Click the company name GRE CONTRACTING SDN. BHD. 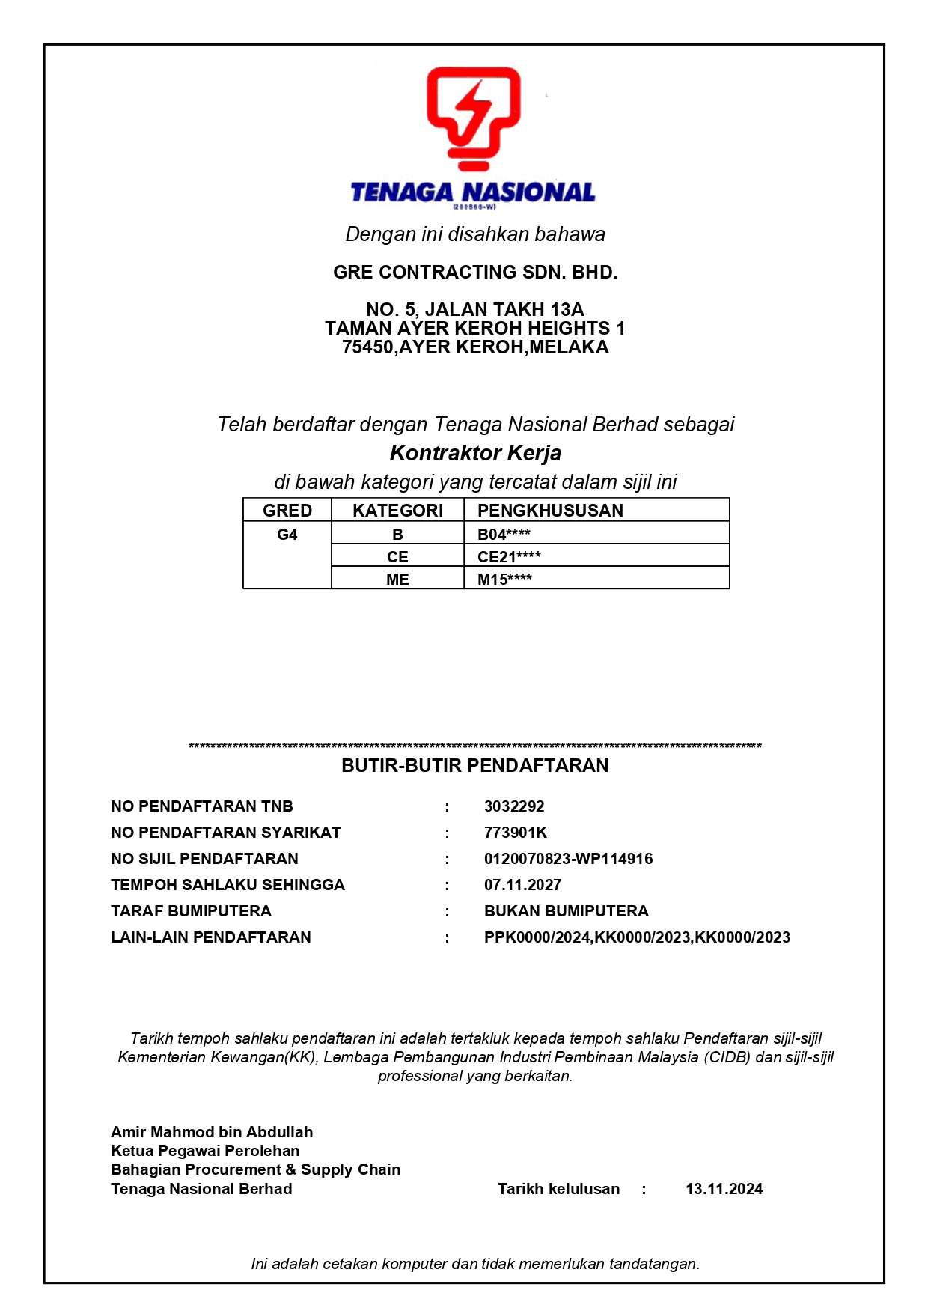tap(475, 273)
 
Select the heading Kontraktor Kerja tap(475, 453)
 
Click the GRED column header tap(287, 511)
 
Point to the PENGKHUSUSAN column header tap(550, 511)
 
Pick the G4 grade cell tap(287, 535)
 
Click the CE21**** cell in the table tap(509, 557)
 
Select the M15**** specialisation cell tap(504, 580)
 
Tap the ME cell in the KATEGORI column tap(397, 580)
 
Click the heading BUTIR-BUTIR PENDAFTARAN tap(475, 765)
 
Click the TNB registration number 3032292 tap(514, 806)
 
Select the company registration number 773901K tap(516, 833)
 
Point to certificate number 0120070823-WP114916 tap(568, 859)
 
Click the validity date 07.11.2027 tap(522, 885)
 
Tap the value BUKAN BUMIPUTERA tap(566, 911)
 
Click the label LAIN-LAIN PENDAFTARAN tap(211, 937)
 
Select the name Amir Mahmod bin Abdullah tap(212, 1132)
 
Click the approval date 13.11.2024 tap(724, 1189)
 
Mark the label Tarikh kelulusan tap(558, 1189)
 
